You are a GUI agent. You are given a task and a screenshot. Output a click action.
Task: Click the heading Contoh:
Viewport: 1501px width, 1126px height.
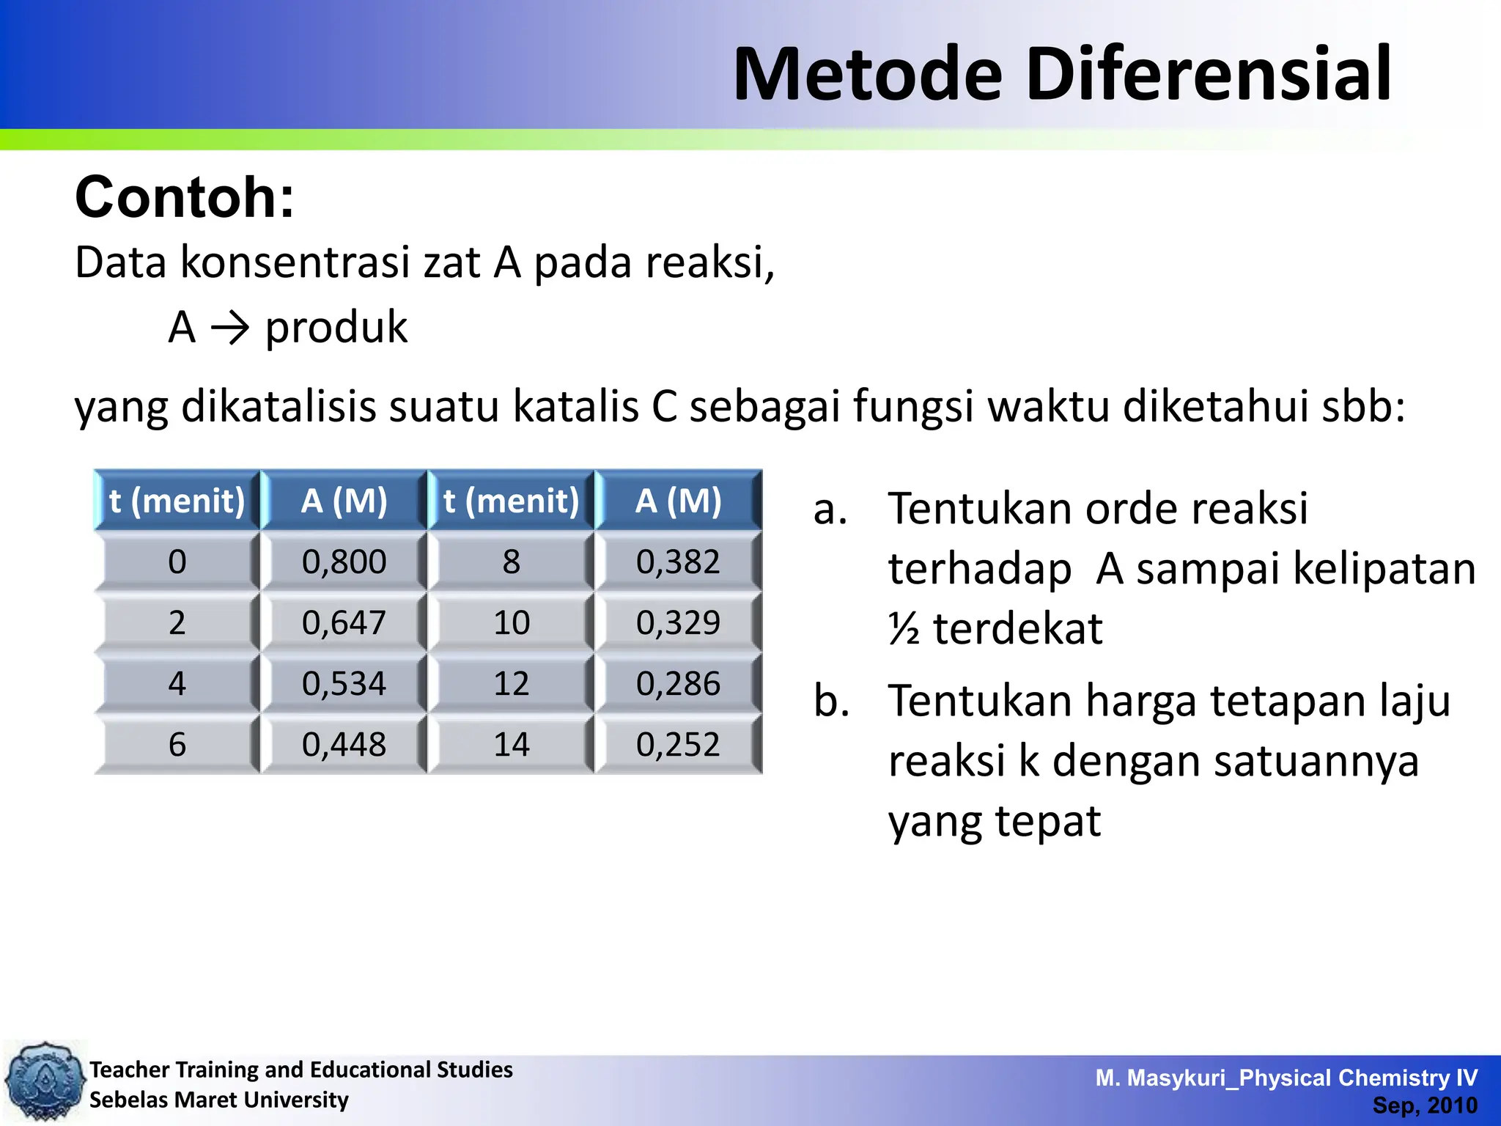185,197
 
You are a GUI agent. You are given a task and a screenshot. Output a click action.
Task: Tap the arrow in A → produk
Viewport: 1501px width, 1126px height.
230,328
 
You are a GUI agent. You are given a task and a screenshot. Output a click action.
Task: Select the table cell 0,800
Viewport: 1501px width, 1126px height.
344,562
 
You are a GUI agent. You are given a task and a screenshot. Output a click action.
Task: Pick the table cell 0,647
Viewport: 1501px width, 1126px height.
344,622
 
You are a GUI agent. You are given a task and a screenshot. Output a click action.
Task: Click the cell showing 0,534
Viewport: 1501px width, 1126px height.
344,683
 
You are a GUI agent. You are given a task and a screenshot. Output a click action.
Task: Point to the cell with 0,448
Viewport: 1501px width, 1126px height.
344,744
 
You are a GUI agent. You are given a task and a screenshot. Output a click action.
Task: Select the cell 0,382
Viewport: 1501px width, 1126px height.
678,562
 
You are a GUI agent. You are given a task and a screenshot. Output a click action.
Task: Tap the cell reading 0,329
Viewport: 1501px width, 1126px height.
678,622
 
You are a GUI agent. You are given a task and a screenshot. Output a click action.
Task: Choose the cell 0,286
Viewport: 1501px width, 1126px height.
678,683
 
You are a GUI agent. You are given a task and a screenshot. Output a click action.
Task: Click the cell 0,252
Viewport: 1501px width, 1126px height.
678,744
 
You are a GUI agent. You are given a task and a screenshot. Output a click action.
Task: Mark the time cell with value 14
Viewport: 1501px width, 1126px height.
511,744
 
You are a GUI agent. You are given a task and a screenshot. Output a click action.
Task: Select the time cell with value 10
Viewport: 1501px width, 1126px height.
511,622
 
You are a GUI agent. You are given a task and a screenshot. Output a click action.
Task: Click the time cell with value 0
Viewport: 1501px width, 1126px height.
177,562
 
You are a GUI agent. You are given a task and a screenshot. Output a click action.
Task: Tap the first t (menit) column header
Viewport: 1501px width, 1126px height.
177,501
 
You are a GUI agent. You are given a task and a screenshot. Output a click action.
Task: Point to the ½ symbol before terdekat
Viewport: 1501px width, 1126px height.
904,629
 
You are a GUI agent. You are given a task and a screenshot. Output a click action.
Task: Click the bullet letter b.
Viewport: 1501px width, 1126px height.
831,700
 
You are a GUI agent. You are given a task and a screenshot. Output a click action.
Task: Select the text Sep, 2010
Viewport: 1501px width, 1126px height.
1424,1105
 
